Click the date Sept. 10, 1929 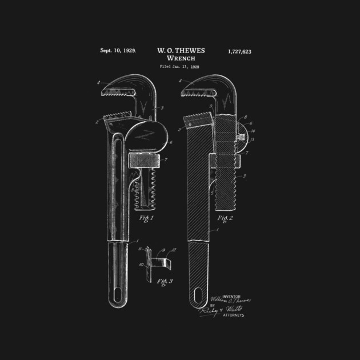[x=118, y=51]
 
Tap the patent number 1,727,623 [x=239, y=51]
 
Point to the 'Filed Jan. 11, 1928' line [x=180, y=67]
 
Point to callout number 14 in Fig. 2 [x=253, y=131]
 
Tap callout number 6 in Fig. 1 [x=171, y=143]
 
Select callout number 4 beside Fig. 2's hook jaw [x=181, y=81]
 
